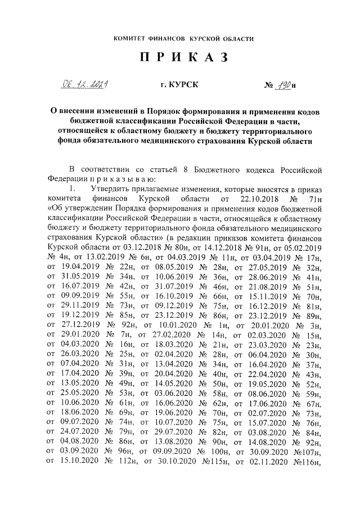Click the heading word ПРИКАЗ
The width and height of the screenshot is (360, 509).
click(180, 58)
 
